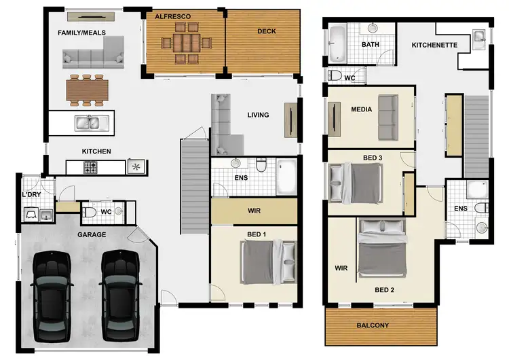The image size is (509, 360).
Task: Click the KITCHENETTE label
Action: [x=434, y=46]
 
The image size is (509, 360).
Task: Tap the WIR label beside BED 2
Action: [x=341, y=268]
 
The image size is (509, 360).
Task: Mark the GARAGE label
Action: [x=92, y=235]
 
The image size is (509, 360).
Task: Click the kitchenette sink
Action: [x=479, y=35]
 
